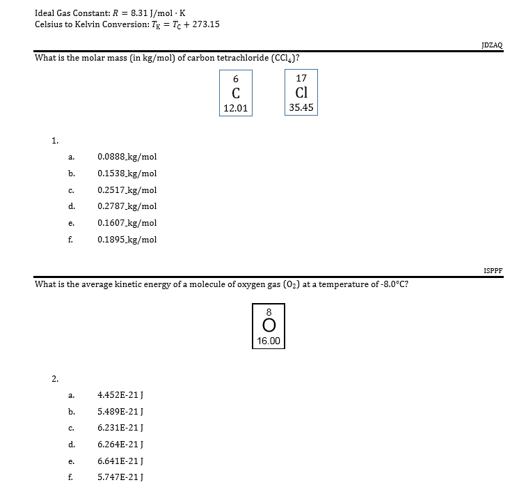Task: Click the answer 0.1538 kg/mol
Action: pos(127,173)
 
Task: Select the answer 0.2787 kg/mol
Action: pos(127,206)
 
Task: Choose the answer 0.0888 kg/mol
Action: pos(127,157)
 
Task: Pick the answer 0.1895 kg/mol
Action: pos(127,240)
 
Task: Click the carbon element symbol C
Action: pos(236,93)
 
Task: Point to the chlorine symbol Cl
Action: pos(301,93)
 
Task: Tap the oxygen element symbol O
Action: pos(269,326)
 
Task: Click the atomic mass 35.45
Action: pos(301,108)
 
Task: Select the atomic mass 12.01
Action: pos(236,108)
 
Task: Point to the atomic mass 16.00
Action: pos(269,341)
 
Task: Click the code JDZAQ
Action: pos(492,45)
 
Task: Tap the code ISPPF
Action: pos(493,270)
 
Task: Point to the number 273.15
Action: pos(205,24)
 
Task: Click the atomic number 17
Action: pos(301,78)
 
